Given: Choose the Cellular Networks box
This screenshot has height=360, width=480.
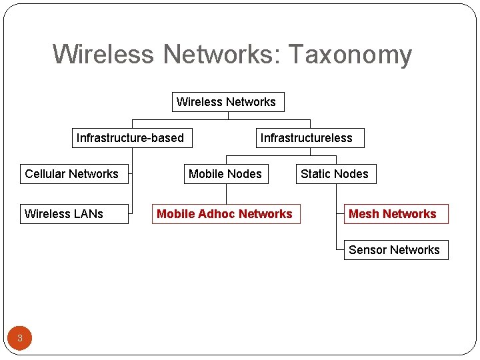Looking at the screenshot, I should coord(73,174).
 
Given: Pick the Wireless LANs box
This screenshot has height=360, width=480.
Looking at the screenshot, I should coord(73,214).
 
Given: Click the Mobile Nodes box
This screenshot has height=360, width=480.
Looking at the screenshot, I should coord(226,174).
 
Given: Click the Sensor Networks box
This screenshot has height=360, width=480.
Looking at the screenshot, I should coord(395,250).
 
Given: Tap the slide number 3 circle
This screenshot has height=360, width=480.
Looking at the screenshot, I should coord(20,338).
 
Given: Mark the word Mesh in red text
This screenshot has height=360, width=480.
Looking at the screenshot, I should coord(364,214).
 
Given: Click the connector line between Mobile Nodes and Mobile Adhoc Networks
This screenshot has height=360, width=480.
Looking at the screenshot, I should coord(226,194).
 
